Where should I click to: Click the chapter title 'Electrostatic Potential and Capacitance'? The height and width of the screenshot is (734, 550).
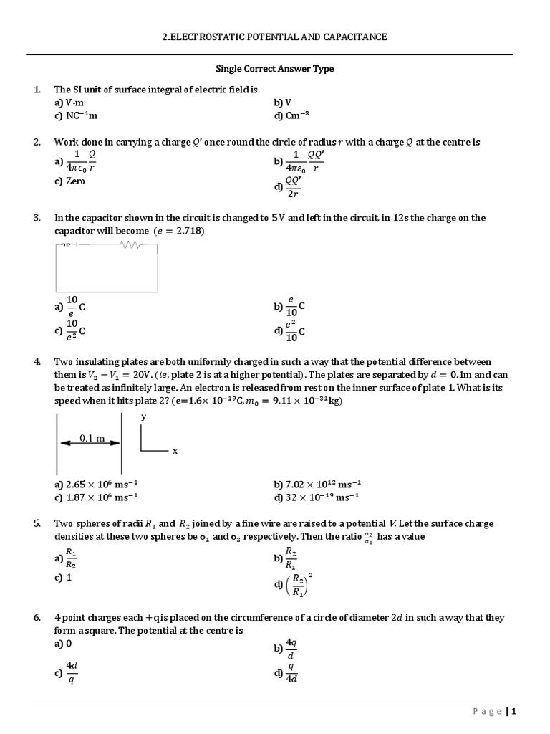275,37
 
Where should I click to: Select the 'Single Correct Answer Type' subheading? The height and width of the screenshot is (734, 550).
275,69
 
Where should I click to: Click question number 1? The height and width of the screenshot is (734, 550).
37,90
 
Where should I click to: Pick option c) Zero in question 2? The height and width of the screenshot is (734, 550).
69,181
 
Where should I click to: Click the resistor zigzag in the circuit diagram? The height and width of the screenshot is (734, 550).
132,245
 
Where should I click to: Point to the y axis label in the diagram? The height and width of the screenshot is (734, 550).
144,416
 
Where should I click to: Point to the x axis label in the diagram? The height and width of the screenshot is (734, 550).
175,451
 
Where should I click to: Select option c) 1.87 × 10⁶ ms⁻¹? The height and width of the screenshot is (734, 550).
96,497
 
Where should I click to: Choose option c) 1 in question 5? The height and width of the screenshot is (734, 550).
65,578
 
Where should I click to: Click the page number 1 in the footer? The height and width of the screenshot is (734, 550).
513,711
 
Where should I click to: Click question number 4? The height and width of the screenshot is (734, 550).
37,362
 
